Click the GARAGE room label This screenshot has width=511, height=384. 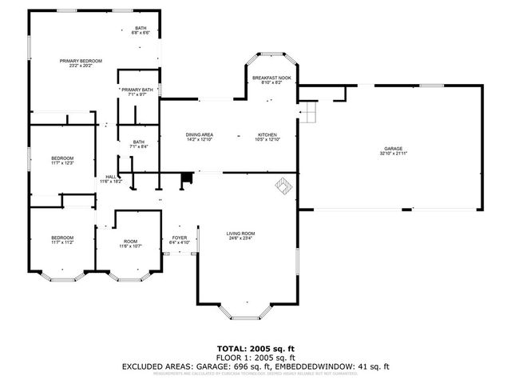coord(392,149)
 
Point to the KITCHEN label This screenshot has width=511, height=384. coord(267,134)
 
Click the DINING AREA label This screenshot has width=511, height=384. coord(199,134)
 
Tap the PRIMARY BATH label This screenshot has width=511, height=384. coord(137,90)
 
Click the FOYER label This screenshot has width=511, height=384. coord(180,238)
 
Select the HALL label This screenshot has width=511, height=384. coord(111,177)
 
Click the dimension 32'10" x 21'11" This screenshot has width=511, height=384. coord(392,154)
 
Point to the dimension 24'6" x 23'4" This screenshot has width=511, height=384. coord(241,238)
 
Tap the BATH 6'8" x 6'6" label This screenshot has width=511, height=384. coord(141,30)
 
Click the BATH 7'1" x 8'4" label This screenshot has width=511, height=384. coord(139,144)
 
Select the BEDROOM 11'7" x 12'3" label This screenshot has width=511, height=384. coord(62,161)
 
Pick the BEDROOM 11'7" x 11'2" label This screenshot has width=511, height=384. coord(62,239)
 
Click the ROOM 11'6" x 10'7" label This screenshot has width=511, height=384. coord(129,243)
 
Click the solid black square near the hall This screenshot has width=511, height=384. coord(187,180)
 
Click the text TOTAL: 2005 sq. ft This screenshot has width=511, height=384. coord(255,349)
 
